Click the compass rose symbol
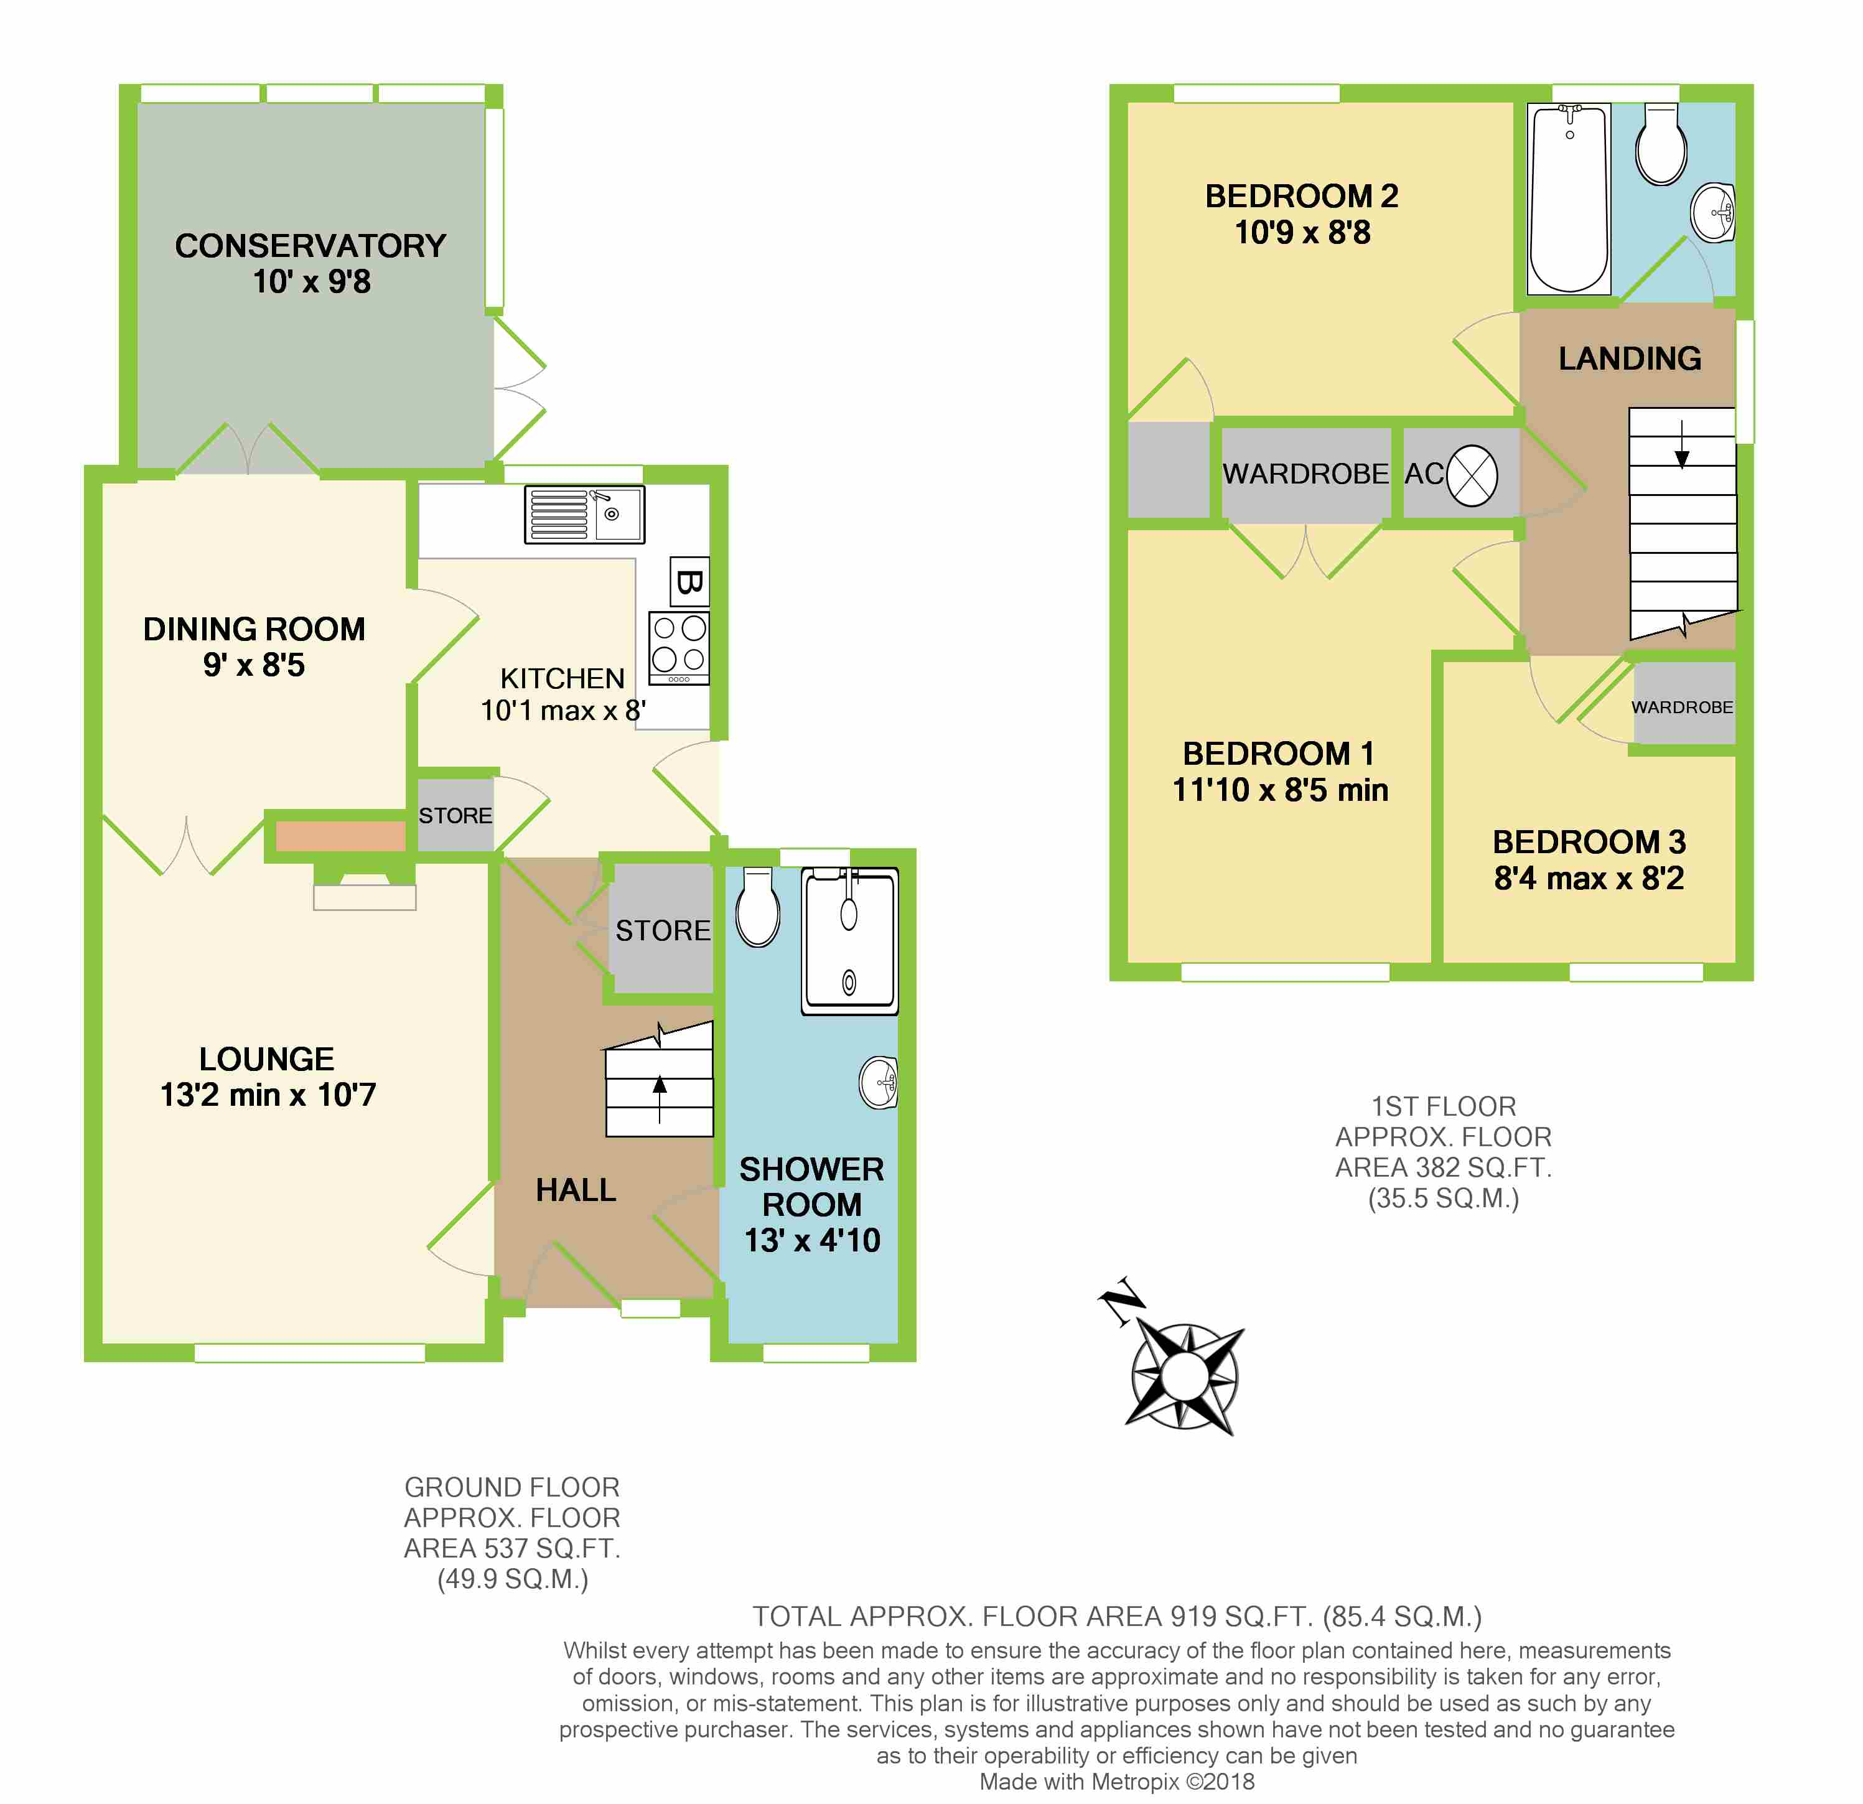1184,1375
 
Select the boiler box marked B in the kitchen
689,581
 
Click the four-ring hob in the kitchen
679,647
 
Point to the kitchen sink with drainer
584,514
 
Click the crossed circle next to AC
1472,475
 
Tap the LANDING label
1629,358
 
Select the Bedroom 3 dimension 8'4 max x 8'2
1589,878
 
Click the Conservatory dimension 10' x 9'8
311,281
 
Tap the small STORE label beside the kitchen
455,816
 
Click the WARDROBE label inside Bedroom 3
1681,707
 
